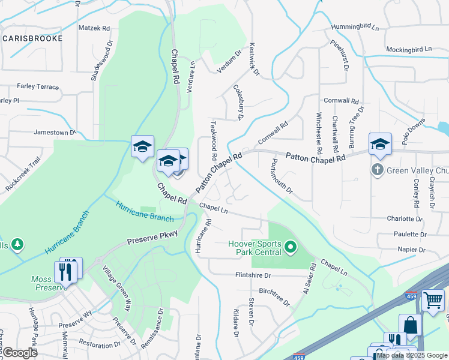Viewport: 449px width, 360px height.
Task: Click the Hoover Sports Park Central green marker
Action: (x=291, y=247)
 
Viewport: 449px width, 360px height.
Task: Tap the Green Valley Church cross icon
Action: (x=378, y=170)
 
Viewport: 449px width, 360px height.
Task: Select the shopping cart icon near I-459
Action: (x=432, y=299)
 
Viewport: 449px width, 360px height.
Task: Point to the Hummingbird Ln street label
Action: (x=355, y=28)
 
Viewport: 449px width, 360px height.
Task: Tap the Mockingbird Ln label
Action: (x=409, y=49)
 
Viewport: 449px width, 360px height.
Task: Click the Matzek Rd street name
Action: (x=94, y=28)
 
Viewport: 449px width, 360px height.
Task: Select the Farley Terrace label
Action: (x=38, y=86)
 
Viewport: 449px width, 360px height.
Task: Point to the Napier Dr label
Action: (x=411, y=249)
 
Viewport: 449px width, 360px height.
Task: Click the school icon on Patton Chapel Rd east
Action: (x=380, y=145)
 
